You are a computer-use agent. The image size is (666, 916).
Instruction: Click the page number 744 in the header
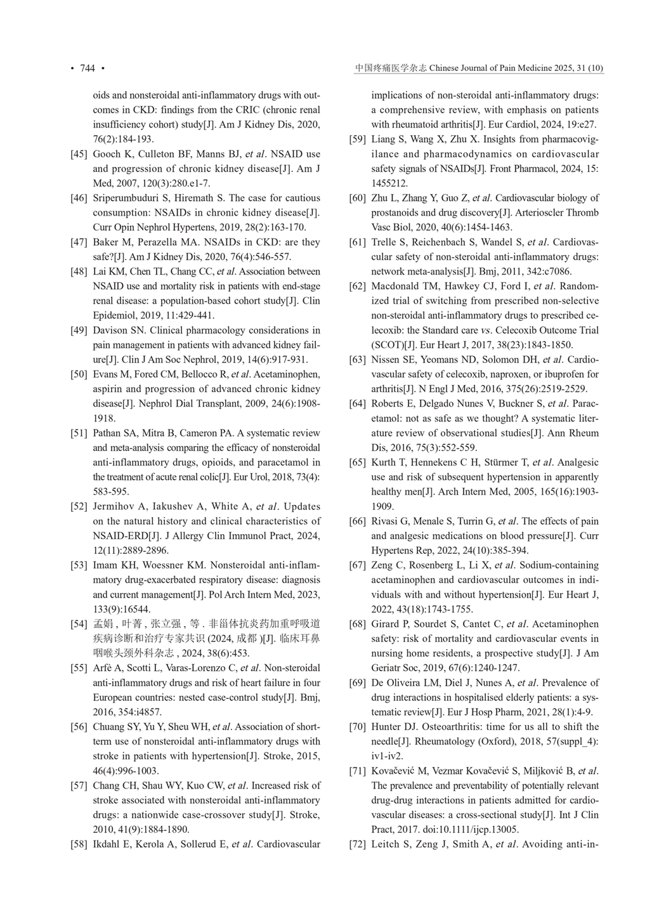(x=87, y=69)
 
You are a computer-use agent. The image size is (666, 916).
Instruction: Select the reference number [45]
(x=79, y=154)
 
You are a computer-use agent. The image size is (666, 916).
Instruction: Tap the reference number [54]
(x=79, y=624)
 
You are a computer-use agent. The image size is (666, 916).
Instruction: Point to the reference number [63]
(x=357, y=360)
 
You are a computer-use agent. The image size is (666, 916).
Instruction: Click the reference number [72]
(x=357, y=844)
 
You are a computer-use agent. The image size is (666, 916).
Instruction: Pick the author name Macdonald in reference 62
(x=395, y=286)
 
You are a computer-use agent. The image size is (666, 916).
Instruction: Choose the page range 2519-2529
(x=563, y=389)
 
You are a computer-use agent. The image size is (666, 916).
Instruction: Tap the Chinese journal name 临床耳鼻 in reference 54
(x=302, y=639)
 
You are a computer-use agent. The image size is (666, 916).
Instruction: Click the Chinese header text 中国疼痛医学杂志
(x=391, y=69)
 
